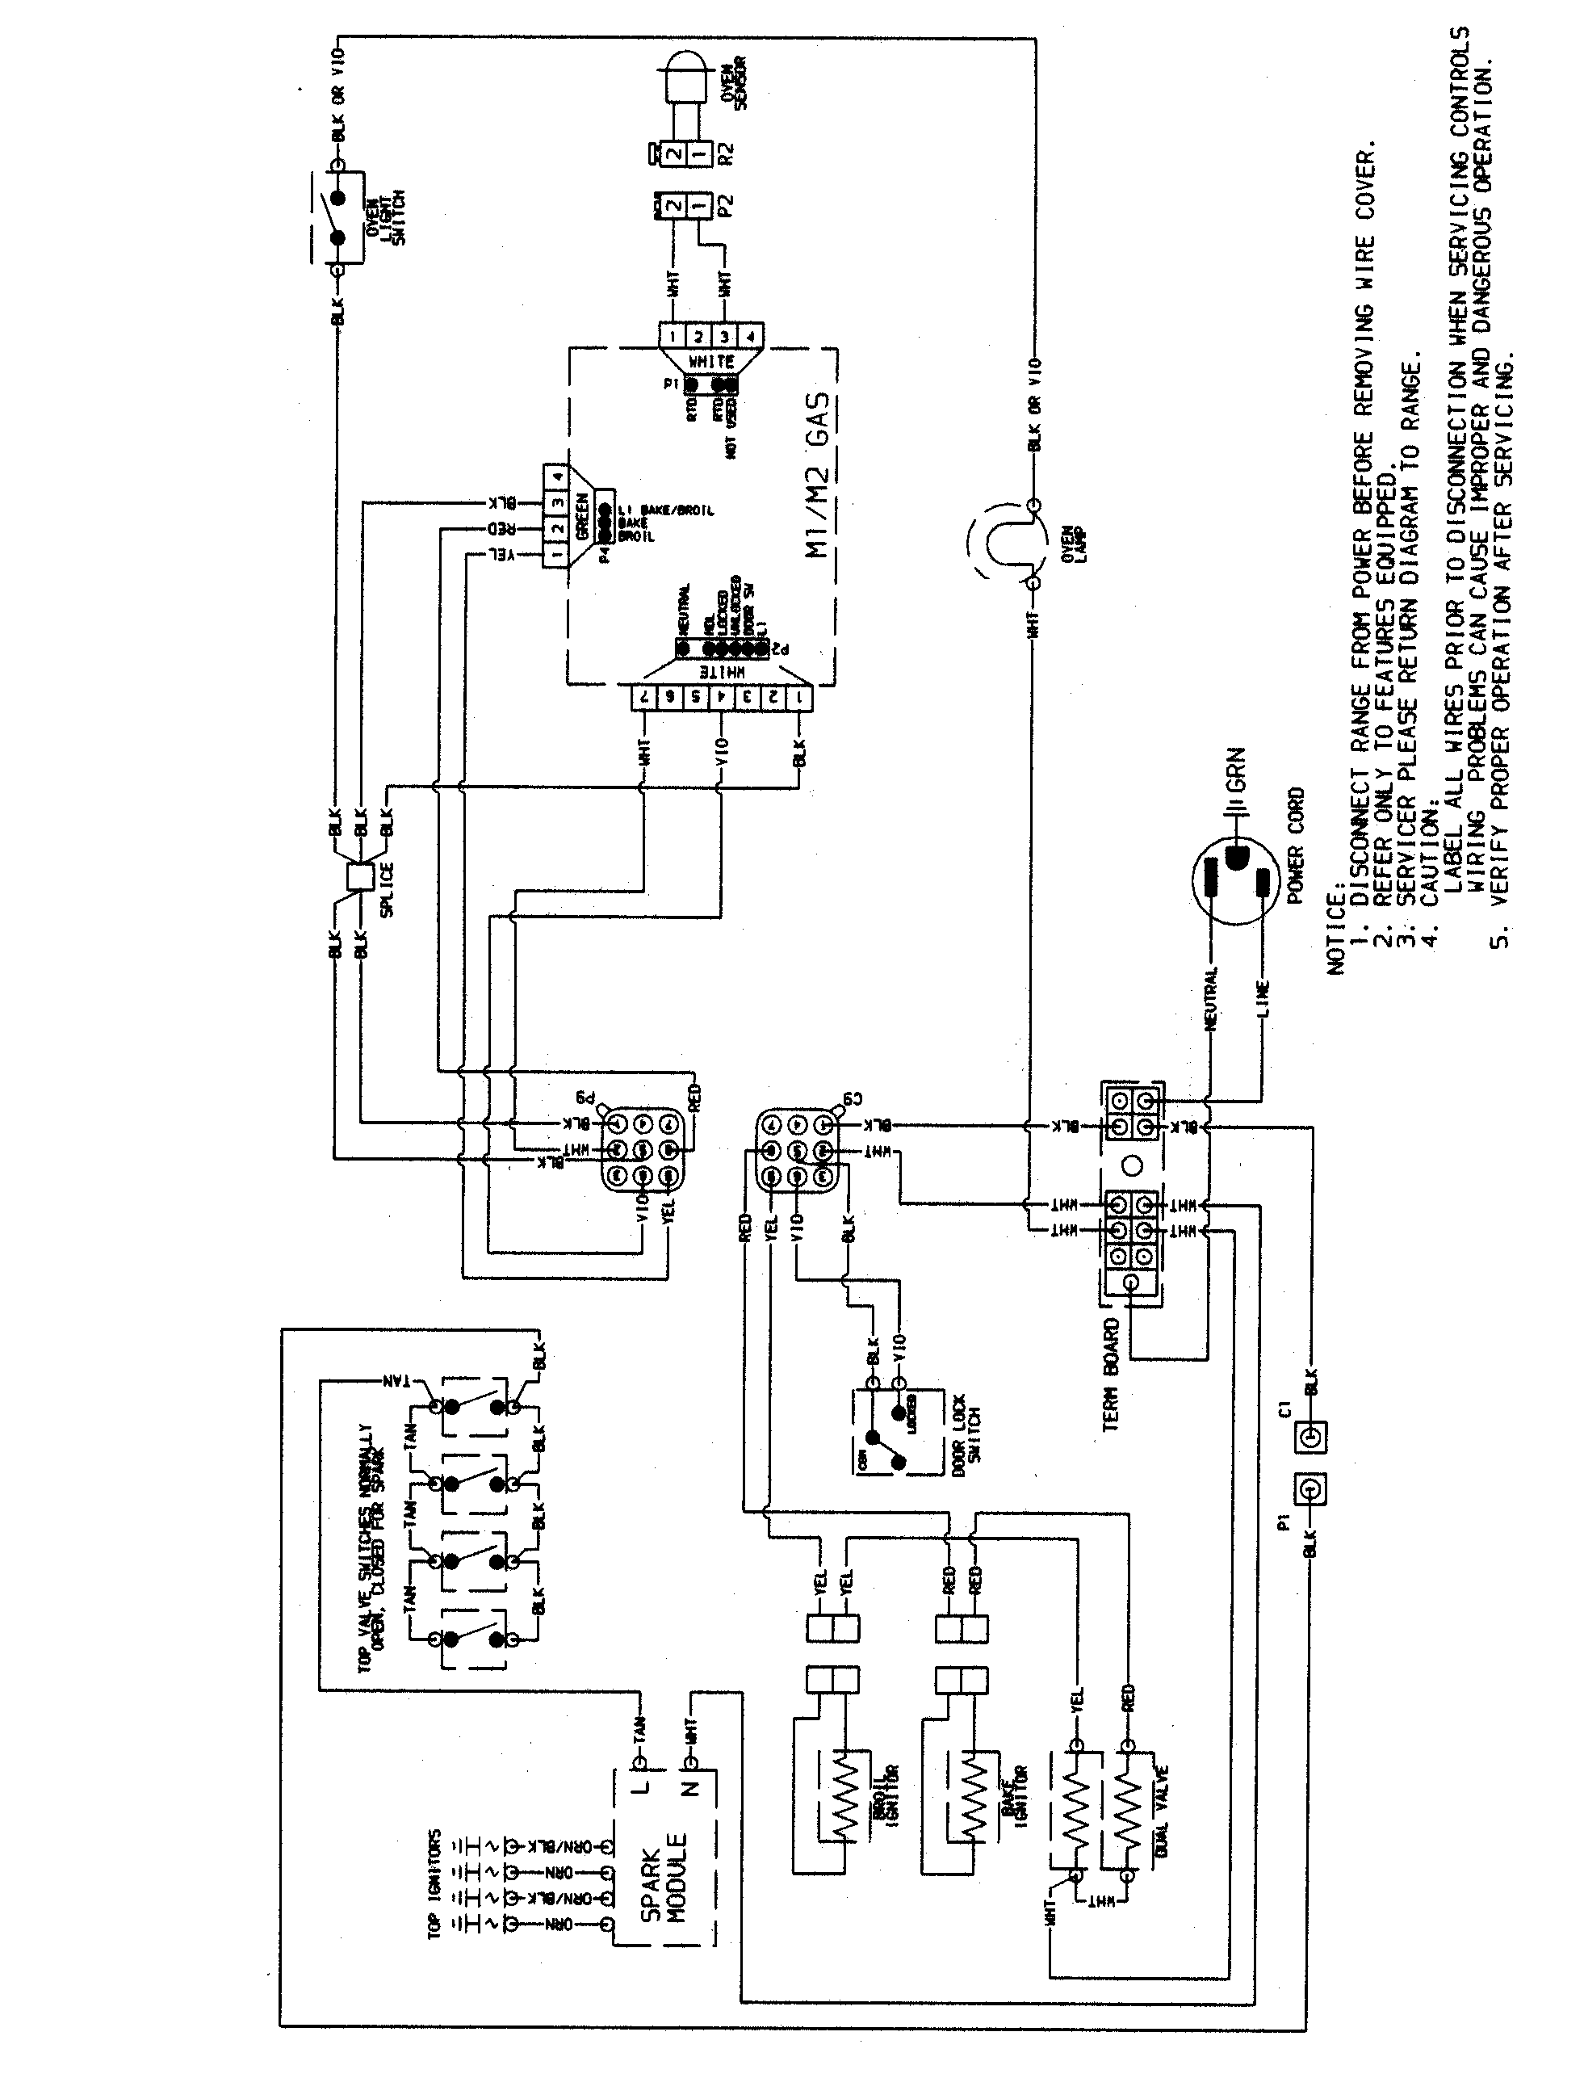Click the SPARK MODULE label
(x=664, y=1888)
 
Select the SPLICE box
(x=359, y=875)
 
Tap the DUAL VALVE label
(x=1162, y=1825)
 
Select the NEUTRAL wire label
(x=1213, y=997)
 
